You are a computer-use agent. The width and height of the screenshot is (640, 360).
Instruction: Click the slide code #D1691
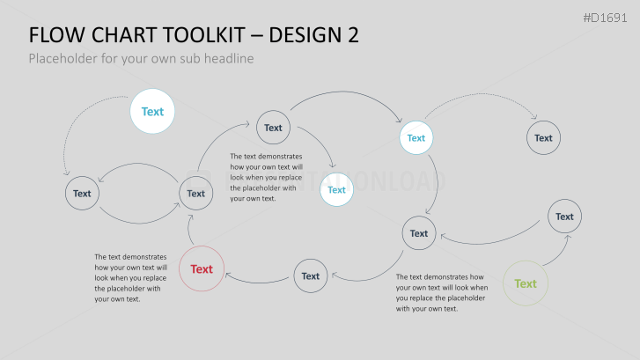pyautogui.click(x=605, y=18)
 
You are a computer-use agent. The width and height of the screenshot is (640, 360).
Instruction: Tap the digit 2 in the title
pyautogui.click(x=354, y=35)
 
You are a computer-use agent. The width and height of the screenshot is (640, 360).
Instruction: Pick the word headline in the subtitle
pyautogui.click(x=229, y=58)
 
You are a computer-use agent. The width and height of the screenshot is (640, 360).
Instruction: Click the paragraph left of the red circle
pyautogui.click(x=130, y=278)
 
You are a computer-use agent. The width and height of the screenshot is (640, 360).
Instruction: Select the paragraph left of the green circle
pyautogui.click(x=442, y=292)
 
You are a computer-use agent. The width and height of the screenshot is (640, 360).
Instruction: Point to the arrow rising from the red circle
pyautogui.click(x=188, y=231)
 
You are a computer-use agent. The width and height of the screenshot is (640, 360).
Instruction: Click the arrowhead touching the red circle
pyautogui.click(x=229, y=276)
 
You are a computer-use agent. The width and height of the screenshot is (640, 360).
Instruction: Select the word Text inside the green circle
pyautogui.click(x=526, y=283)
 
